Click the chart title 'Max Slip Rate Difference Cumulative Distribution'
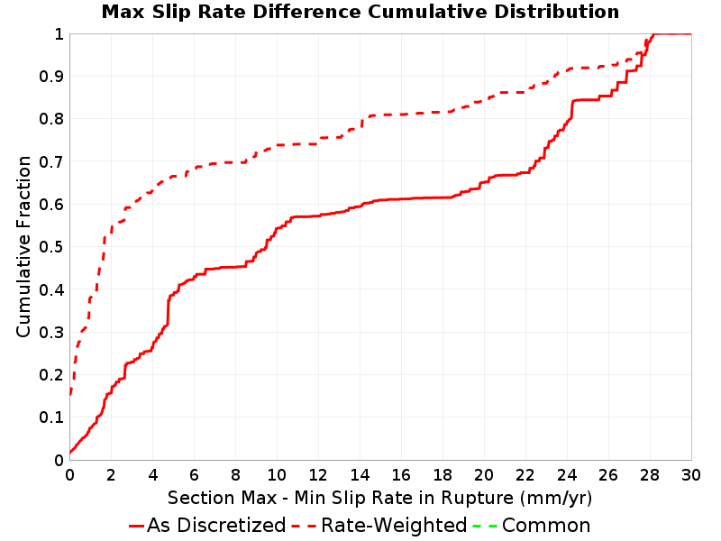[360, 12]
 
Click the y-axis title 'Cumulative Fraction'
[24, 246]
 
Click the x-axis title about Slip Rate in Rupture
[379, 497]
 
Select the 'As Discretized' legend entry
[216, 525]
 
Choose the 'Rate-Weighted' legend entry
[394, 525]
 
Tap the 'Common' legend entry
[546, 525]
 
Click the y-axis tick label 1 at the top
[59, 34]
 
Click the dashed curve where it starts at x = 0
[70, 393]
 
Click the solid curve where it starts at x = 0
[70, 452]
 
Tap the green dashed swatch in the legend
[486, 525]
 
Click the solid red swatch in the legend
[136, 525]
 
